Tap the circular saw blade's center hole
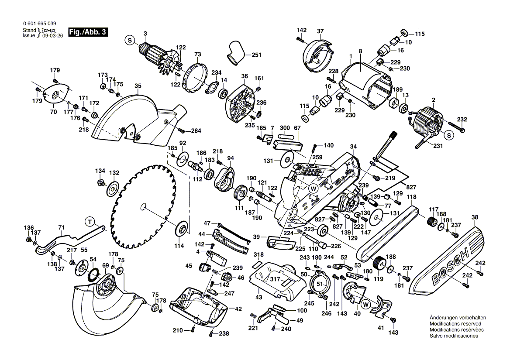[x=143, y=206]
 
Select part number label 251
[x=256, y=55]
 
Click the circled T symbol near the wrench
[x=90, y=222]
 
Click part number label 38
[x=475, y=216]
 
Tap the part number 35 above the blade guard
[x=138, y=86]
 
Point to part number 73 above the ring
[x=197, y=55]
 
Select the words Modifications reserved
[x=455, y=324]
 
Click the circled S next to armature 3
[x=129, y=40]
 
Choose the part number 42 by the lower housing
[x=238, y=309]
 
